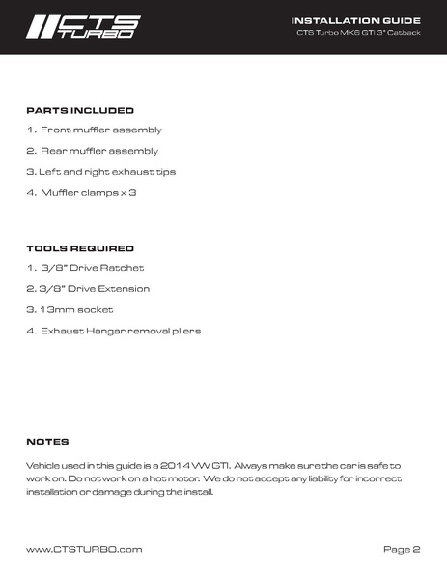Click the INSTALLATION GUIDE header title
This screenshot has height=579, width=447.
point(355,19)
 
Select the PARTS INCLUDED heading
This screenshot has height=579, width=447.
point(79,111)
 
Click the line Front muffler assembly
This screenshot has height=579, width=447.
point(94,130)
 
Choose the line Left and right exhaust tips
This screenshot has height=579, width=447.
point(100,172)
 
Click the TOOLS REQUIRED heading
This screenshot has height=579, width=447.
point(79,248)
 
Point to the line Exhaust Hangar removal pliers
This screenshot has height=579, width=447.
point(113,332)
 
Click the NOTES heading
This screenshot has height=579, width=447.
point(47,442)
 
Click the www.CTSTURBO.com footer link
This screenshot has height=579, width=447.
point(84,549)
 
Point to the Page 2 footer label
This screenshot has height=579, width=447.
point(402,549)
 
